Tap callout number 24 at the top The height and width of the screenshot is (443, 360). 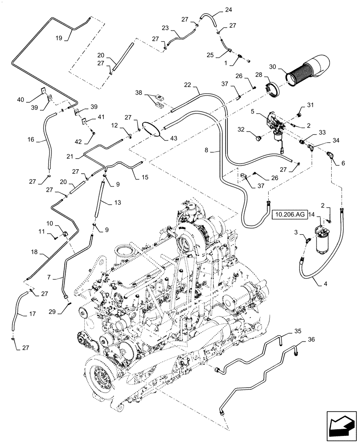pos(228,9)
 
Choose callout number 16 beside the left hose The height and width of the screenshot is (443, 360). pos(31,139)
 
